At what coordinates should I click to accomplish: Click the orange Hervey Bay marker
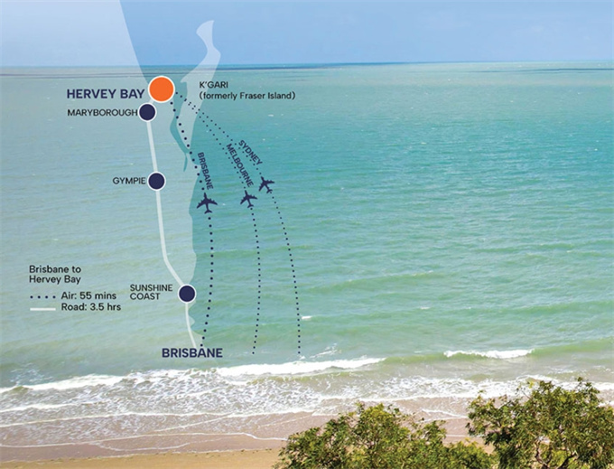(x=162, y=89)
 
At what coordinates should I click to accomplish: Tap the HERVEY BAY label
(x=105, y=93)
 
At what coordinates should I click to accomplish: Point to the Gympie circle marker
(x=156, y=181)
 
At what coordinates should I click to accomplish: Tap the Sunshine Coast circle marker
(x=187, y=293)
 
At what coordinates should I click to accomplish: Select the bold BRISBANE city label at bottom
(x=191, y=352)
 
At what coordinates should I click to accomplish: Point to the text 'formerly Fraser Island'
(x=247, y=95)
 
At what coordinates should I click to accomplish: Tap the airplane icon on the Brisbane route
(x=207, y=202)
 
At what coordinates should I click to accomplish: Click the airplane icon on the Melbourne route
(x=248, y=198)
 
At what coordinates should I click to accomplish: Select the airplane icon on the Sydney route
(x=265, y=184)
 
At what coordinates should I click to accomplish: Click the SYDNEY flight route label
(x=251, y=152)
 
